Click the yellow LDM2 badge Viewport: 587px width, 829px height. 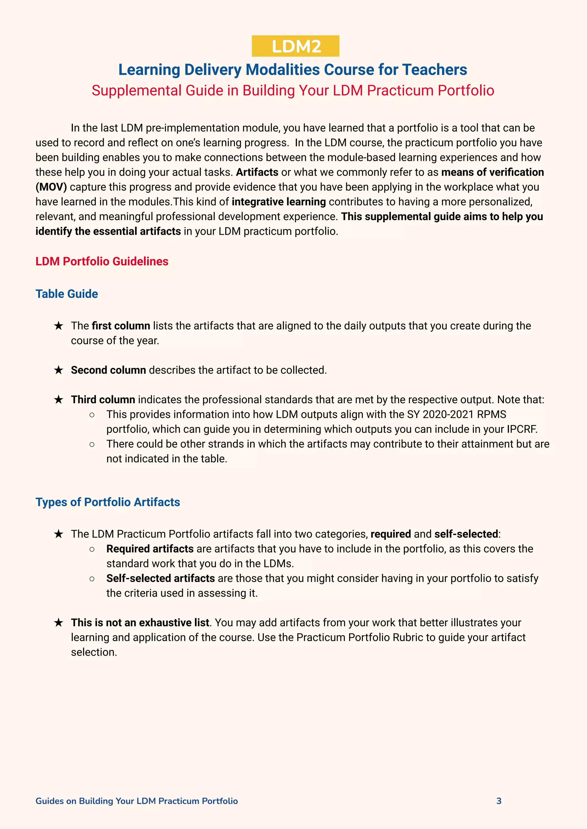pos(295,46)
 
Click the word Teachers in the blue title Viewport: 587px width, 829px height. pos(435,70)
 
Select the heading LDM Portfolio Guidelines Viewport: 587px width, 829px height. pos(102,261)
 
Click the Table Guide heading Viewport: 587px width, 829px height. pos(66,294)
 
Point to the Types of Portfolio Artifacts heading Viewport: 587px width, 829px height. pos(108,502)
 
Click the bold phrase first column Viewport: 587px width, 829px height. pos(121,326)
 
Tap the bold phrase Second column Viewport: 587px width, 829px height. pos(108,370)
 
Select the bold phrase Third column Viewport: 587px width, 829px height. pos(103,400)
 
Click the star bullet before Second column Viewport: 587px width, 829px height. pos(58,370)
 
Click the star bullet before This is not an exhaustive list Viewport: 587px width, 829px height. pos(58,623)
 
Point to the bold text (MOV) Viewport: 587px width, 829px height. pos(51,187)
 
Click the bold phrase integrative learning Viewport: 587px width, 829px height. pos(279,202)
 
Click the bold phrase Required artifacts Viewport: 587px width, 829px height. pos(150,549)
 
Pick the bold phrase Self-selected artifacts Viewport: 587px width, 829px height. pos(161,579)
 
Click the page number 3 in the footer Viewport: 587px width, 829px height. pos(499,801)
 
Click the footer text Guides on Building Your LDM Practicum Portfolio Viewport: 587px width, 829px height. pos(137,801)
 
